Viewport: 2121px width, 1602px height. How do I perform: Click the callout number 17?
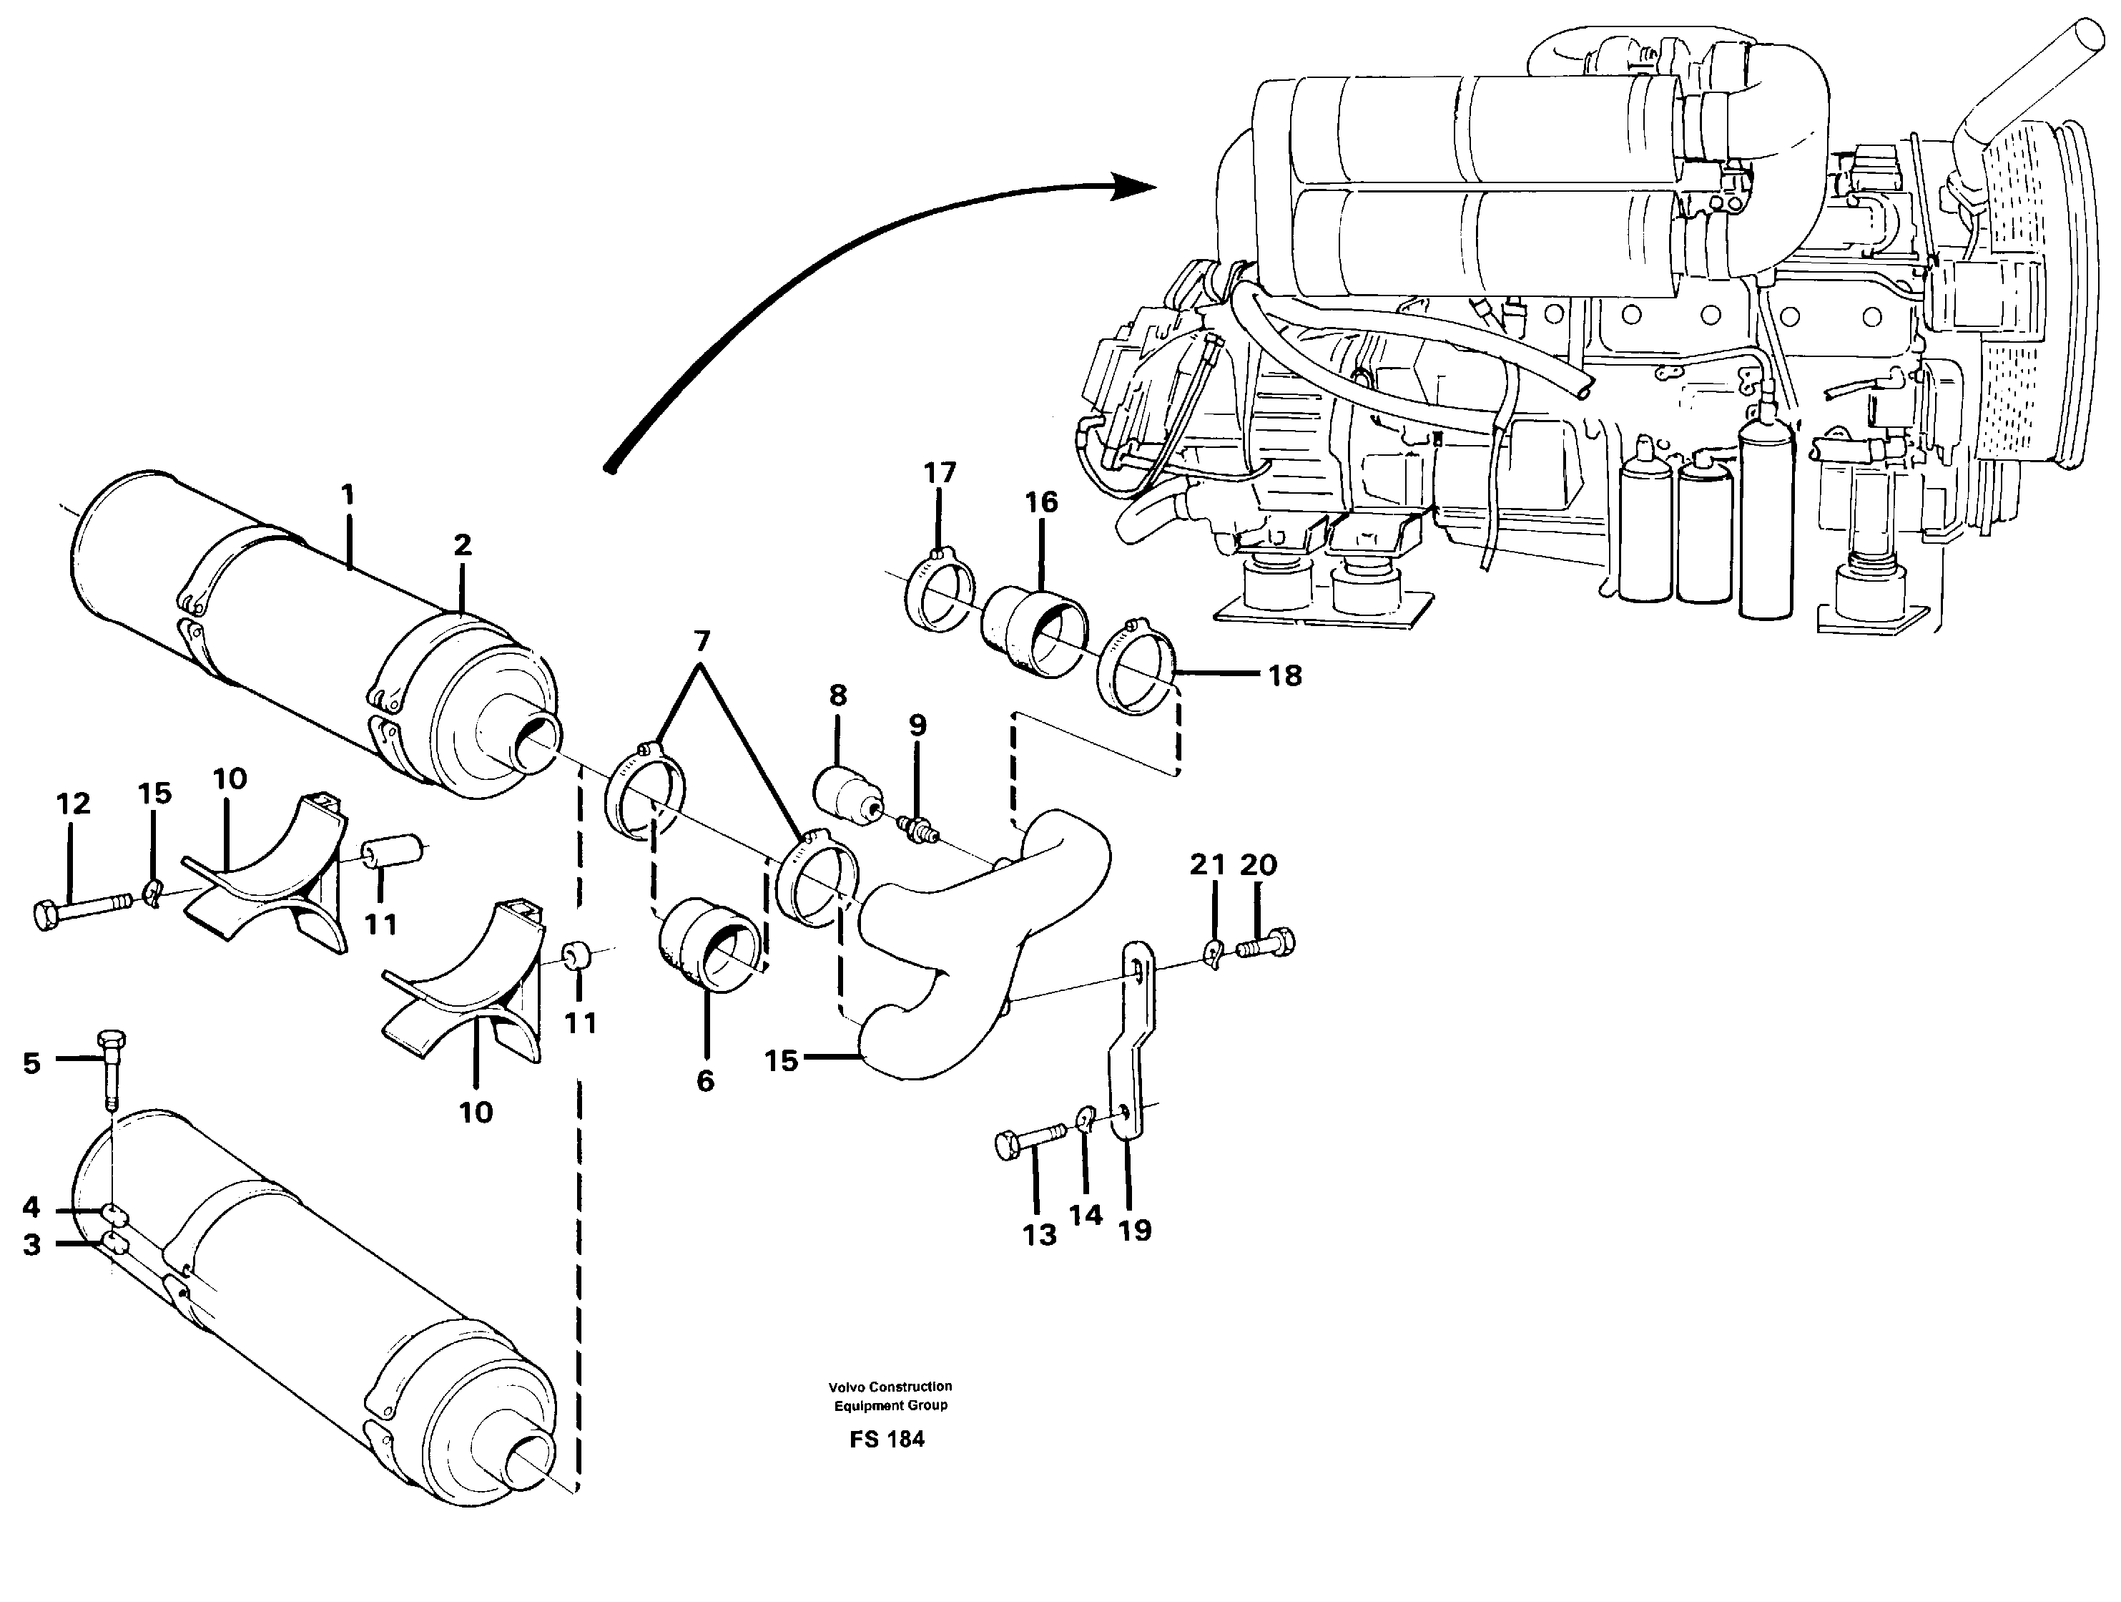pos(940,473)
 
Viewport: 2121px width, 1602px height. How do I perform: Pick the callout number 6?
pos(705,1081)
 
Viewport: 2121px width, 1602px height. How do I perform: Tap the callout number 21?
pos(1207,865)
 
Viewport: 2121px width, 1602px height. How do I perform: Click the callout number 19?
pos(1134,1231)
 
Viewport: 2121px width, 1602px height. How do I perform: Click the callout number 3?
pos(31,1244)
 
